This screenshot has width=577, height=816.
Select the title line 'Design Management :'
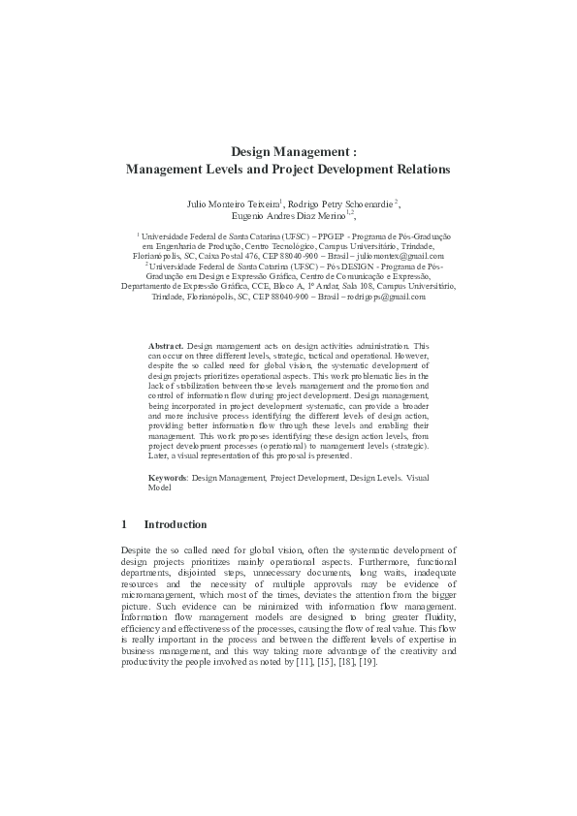coord(288,151)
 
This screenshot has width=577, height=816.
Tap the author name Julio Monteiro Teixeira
coord(233,204)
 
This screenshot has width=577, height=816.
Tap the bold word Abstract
coord(165,345)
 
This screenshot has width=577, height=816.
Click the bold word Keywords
coord(168,479)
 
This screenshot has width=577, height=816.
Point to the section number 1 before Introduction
coord(124,524)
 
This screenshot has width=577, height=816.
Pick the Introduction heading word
coord(175,524)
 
